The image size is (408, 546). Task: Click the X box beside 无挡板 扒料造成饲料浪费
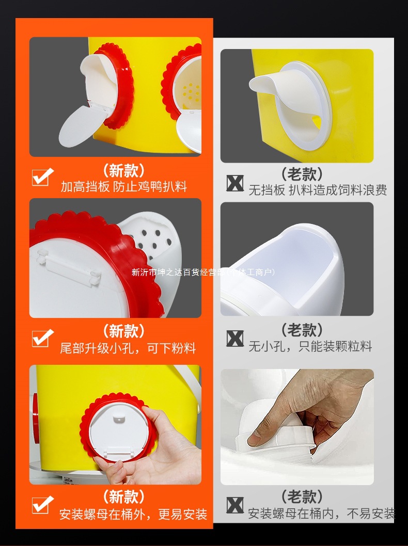pyautogui.click(x=235, y=183)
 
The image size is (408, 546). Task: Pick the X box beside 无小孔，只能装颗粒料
pyautogui.click(x=235, y=339)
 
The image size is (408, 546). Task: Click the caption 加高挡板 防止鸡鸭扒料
pyautogui.click(x=124, y=187)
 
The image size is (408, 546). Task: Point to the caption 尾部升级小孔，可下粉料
pyautogui.click(x=128, y=348)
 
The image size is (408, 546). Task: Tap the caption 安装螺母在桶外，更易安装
pyautogui.click(x=133, y=515)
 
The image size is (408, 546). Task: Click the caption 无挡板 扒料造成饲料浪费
pyautogui.click(x=318, y=190)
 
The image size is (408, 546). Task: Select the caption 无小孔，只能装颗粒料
pyautogui.click(x=310, y=346)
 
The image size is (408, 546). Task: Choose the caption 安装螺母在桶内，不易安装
pyautogui.click(x=321, y=513)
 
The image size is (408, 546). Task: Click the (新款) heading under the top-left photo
pyautogui.click(x=124, y=170)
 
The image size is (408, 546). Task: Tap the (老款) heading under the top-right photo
pyautogui.click(x=302, y=174)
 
